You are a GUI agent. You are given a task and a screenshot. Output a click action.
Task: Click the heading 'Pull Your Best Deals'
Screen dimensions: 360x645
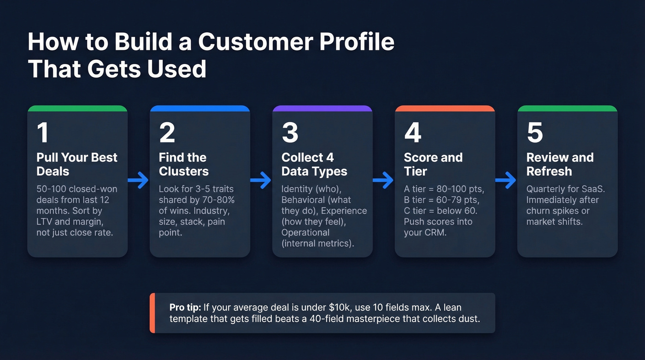click(77, 164)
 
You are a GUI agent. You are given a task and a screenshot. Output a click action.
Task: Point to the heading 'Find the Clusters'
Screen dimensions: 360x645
click(183, 164)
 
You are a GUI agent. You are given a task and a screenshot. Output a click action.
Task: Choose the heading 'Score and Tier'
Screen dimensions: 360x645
click(433, 164)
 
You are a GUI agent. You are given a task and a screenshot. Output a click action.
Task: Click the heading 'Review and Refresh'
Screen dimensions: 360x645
click(560, 164)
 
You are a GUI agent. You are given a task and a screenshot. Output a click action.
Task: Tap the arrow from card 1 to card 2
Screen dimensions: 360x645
click(138, 181)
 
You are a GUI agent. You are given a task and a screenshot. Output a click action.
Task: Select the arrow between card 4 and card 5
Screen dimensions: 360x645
click(506, 181)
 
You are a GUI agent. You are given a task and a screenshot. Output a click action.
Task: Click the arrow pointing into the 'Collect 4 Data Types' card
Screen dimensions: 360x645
click(261, 181)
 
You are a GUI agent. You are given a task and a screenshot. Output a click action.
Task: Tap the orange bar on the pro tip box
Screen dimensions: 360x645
click(152, 313)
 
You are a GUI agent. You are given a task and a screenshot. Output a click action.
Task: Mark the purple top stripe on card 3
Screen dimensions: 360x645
click(322, 109)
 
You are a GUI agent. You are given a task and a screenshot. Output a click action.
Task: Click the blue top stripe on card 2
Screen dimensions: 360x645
click(199, 109)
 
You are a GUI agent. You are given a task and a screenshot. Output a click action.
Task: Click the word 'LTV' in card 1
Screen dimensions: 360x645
click(46, 222)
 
